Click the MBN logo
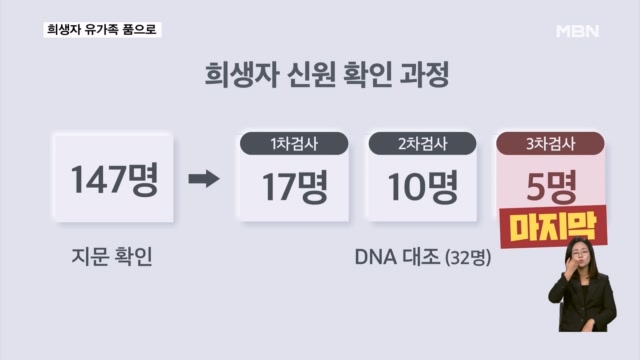click(x=577, y=30)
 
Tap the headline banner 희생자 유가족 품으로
click(x=101, y=30)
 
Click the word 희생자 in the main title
click(x=227, y=75)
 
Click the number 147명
click(x=115, y=180)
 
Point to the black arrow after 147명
click(x=204, y=180)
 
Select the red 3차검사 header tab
click(x=551, y=144)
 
